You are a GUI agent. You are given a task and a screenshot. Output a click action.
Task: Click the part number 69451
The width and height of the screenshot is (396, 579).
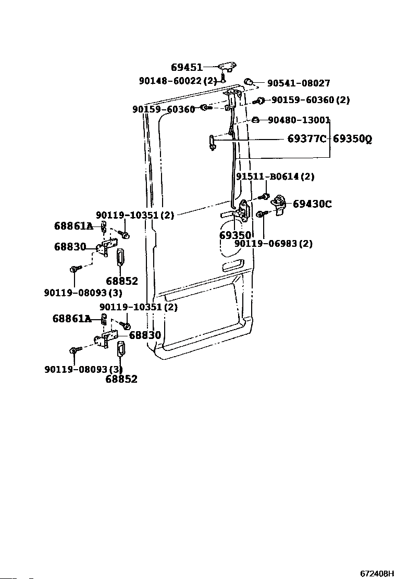(187, 67)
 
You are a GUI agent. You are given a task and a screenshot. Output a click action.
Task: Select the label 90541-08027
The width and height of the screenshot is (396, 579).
(299, 83)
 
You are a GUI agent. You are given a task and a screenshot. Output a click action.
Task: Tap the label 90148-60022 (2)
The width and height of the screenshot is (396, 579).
(178, 81)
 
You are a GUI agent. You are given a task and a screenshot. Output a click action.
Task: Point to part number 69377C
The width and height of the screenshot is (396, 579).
(307, 139)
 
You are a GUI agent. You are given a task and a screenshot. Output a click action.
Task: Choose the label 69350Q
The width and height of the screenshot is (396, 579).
(352, 139)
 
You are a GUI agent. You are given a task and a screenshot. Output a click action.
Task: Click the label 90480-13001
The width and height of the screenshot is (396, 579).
(299, 120)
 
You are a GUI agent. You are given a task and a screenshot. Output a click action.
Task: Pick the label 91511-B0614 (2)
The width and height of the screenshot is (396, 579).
(275, 177)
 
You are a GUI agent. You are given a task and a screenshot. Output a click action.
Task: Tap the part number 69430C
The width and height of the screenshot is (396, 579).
(312, 204)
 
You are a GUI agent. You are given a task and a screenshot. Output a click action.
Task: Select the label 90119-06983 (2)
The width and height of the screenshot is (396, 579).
(274, 244)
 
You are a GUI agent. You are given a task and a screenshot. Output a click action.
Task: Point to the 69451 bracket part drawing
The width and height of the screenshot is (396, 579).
(228, 67)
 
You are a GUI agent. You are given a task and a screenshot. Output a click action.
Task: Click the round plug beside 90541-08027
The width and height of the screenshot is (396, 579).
(248, 82)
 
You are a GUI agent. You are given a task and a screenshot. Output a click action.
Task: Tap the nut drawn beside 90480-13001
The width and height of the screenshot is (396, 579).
(255, 120)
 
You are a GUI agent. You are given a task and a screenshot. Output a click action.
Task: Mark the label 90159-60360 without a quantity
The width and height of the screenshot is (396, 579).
(164, 109)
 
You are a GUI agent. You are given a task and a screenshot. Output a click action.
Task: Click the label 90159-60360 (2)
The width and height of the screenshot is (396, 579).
(311, 99)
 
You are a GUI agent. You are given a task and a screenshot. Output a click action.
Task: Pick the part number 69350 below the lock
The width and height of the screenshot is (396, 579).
(236, 235)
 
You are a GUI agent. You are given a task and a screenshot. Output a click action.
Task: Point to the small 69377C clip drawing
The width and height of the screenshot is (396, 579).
(212, 143)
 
